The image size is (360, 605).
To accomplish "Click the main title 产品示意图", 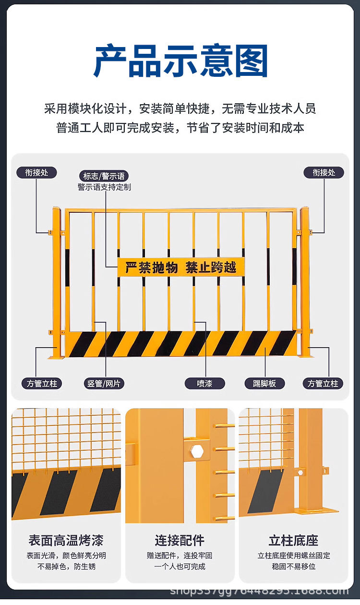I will (180, 61).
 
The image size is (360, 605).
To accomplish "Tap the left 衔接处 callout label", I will (36, 172).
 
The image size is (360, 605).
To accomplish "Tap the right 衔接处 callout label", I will (324, 172).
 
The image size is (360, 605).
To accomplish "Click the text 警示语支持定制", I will (104, 187).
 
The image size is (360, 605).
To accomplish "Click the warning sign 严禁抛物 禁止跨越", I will (181, 267).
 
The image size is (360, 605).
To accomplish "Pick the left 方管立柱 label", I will (42, 383).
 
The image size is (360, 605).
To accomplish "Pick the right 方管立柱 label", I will (323, 383).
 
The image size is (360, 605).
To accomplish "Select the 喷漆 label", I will (205, 383).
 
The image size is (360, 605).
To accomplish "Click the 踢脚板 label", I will (264, 383).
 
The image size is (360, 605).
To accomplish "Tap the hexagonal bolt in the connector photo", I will (198, 452).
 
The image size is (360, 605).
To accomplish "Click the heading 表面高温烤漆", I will (66, 540).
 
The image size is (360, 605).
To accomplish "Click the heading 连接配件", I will (180, 540).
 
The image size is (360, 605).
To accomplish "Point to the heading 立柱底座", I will (293, 540).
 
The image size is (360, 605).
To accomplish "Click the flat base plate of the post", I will (317, 511).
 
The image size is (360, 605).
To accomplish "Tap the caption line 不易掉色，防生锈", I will (66, 566).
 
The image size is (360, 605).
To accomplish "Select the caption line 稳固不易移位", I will (293, 566).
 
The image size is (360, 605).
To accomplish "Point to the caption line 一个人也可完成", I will (180, 566).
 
